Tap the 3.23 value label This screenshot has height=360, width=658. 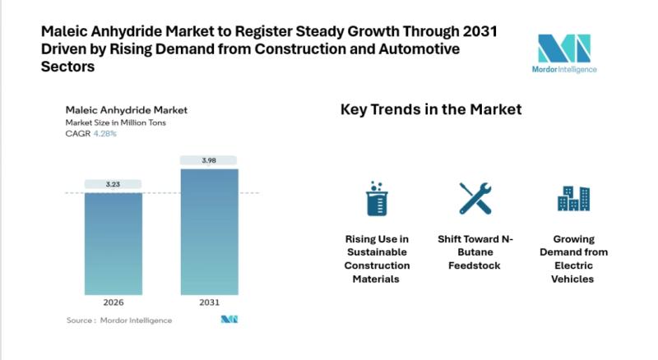(114, 184)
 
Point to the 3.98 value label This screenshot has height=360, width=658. (209, 160)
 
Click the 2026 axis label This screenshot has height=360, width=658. (114, 302)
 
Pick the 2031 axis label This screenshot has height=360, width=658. (209, 302)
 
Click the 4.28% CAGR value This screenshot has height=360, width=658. (105, 133)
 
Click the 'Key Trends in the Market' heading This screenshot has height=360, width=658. (431, 109)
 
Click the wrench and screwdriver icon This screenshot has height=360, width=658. (475, 198)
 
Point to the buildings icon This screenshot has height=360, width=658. (572, 198)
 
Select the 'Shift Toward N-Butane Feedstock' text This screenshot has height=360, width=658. (475, 252)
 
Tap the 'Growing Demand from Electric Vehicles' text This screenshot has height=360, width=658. (572, 259)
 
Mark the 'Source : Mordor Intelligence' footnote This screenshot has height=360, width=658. (119, 320)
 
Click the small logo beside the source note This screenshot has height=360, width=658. (229, 320)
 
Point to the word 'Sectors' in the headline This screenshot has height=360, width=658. (67, 67)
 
